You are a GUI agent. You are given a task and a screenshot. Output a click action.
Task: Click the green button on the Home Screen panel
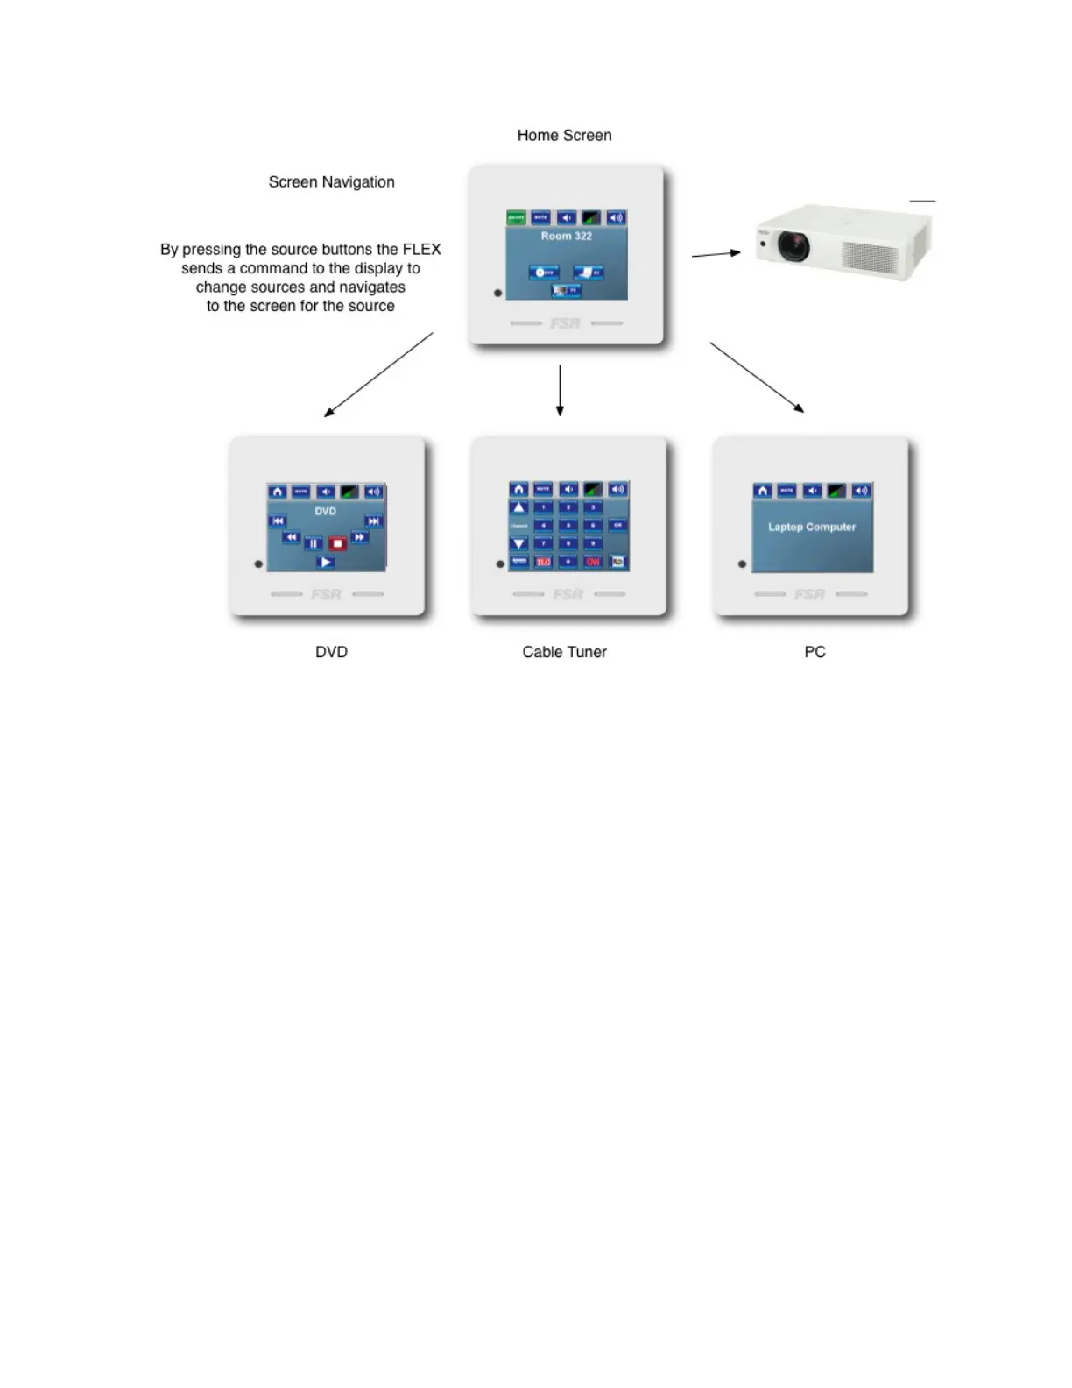click(x=516, y=217)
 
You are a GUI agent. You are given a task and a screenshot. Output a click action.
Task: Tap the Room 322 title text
click(x=566, y=236)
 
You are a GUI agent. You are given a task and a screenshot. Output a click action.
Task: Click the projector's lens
click(x=793, y=245)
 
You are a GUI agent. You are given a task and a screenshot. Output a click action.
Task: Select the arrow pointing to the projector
click(x=716, y=254)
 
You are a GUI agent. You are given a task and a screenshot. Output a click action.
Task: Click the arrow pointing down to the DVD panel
click(x=378, y=374)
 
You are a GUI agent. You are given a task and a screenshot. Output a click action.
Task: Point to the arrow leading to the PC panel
click(x=757, y=377)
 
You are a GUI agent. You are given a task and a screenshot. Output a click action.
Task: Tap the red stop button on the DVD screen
click(x=337, y=544)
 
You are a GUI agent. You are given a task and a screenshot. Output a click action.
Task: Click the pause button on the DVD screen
click(x=314, y=544)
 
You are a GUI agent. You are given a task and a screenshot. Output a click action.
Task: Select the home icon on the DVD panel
click(x=277, y=492)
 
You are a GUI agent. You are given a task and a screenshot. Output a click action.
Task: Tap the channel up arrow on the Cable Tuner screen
click(x=518, y=508)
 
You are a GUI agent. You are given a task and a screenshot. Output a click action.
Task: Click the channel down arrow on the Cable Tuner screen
click(x=518, y=543)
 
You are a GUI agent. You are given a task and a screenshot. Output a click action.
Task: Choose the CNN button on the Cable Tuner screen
click(x=593, y=562)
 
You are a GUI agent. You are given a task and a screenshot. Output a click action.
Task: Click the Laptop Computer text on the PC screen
click(x=812, y=527)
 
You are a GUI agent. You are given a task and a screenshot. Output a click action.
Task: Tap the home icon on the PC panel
click(x=763, y=491)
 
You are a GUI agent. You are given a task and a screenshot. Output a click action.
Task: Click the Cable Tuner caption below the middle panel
click(x=564, y=652)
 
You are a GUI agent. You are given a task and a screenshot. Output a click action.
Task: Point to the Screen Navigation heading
click(x=331, y=182)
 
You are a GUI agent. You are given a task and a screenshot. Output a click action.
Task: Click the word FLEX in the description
click(x=421, y=250)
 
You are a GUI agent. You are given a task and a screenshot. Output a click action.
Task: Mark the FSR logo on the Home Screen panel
click(x=566, y=323)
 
